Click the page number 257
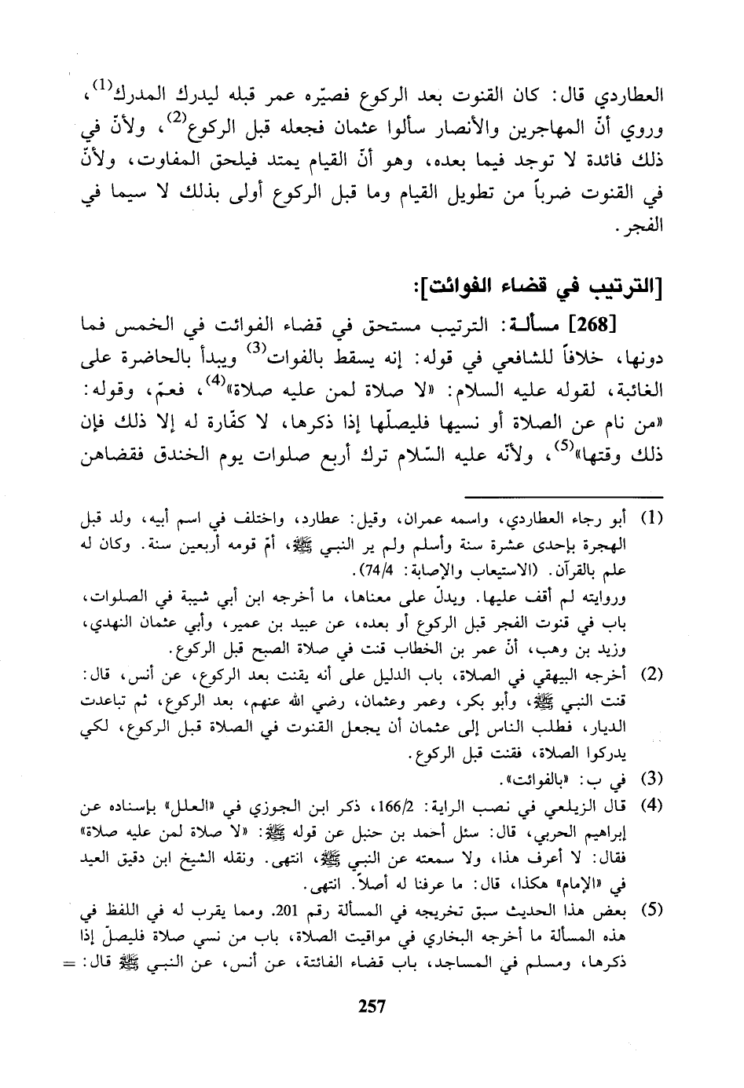tap(372, 1005)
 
